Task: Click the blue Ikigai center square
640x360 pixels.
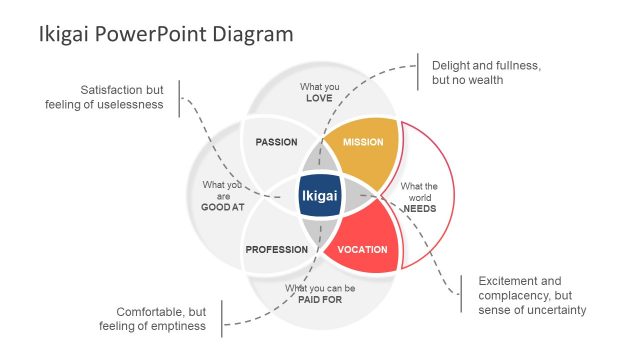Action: point(320,197)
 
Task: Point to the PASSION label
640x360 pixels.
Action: point(276,142)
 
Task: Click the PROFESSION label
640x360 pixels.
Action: point(276,249)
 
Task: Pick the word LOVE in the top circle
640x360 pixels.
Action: point(319,98)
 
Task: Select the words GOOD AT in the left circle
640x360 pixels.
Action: point(222,207)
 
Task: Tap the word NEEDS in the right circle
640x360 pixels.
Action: point(418,208)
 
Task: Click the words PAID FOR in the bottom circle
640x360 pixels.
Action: point(320,299)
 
